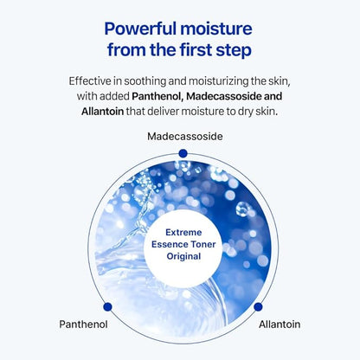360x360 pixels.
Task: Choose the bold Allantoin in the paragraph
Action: [x=89, y=111]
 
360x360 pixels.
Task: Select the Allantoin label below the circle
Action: [x=280, y=325]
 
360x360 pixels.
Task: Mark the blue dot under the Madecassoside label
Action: [x=181, y=154]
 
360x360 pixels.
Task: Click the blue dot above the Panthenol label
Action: [x=107, y=305]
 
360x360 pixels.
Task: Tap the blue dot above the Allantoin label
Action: [x=257, y=305]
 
